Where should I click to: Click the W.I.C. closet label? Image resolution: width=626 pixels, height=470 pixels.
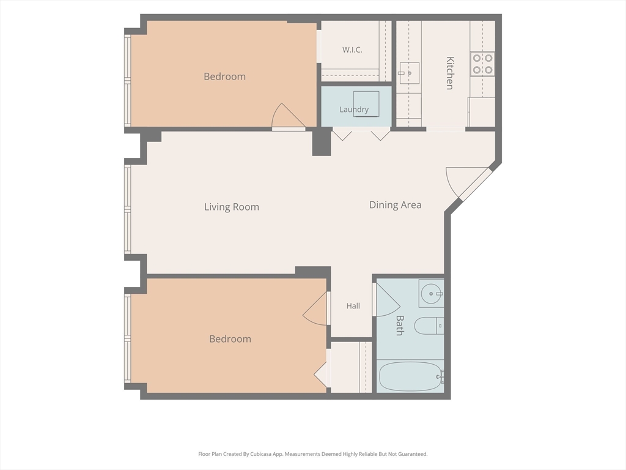[x=352, y=50]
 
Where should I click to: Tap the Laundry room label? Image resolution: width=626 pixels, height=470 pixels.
[x=354, y=110]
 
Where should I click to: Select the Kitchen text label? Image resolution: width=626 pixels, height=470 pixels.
[x=450, y=73]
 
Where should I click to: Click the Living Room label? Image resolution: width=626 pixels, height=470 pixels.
[x=232, y=207]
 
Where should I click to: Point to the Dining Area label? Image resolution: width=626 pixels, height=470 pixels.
[x=396, y=205]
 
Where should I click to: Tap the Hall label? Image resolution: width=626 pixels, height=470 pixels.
[x=353, y=306]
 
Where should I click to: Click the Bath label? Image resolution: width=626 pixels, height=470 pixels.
[x=400, y=326]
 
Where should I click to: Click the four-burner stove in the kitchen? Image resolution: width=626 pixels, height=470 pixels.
[x=482, y=64]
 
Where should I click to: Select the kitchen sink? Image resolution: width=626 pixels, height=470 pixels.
[x=409, y=73]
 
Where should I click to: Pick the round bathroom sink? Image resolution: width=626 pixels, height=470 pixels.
[x=431, y=294]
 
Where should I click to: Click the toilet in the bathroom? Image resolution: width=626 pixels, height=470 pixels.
[x=429, y=326]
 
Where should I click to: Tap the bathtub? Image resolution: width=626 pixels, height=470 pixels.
[x=411, y=376]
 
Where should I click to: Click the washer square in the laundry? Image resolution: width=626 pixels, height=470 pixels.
[x=366, y=104]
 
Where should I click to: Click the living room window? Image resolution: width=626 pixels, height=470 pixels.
[x=128, y=209]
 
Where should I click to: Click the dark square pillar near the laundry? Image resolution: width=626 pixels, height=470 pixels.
[x=322, y=143]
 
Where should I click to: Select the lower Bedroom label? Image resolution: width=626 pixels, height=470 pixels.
[x=230, y=339]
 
